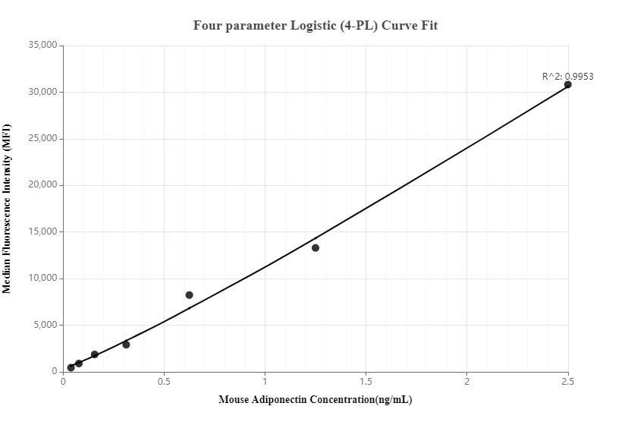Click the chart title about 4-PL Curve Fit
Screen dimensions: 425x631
coord(315,25)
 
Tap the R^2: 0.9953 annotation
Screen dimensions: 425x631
coord(567,76)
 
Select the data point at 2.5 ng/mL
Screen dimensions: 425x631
coord(567,84)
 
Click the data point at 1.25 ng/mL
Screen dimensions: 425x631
coord(315,248)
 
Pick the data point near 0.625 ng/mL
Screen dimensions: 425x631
coord(189,294)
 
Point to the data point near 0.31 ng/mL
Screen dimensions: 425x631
coord(126,345)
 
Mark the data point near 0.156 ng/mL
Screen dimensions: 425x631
coord(95,354)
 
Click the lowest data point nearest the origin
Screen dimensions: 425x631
coord(71,367)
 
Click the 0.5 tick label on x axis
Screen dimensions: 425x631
coord(164,381)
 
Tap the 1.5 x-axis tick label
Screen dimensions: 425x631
coord(366,381)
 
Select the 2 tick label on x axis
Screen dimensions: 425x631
coord(466,381)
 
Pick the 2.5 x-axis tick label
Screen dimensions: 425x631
coord(567,381)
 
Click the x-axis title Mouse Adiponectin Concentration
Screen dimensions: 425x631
coord(315,399)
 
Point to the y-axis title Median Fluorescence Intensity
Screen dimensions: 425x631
coord(7,209)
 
